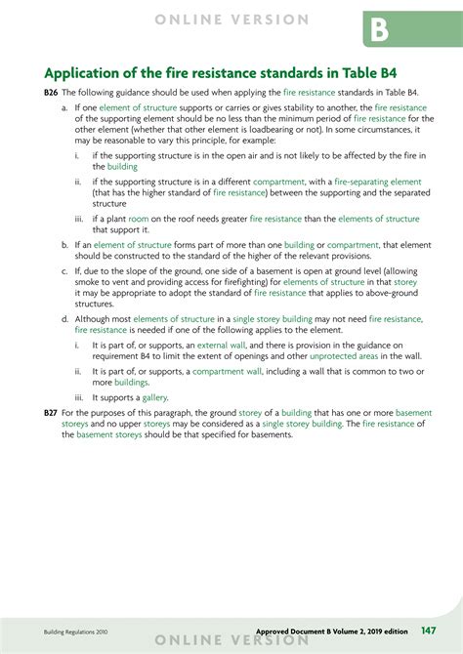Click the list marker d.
click(x=63, y=318)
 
